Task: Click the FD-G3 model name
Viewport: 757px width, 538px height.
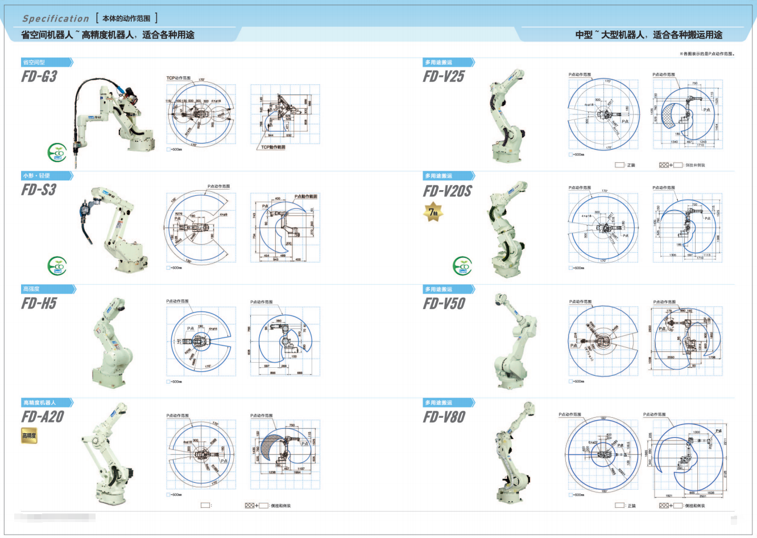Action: tap(39, 76)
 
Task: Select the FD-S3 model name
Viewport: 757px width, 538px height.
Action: tap(39, 190)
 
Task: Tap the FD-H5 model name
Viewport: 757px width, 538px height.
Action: tap(39, 303)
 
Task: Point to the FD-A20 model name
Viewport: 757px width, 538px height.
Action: tap(43, 417)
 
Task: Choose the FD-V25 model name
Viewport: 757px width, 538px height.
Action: tap(444, 76)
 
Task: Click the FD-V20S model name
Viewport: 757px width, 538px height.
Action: tap(447, 191)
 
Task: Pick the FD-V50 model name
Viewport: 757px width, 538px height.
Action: tap(444, 303)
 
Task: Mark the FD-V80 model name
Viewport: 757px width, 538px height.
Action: tap(444, 417)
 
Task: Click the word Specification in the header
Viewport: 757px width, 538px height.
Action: tap(56, 19)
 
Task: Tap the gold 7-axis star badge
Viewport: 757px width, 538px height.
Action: tap(433, 212)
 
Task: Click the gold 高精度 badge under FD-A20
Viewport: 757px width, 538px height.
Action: tap(29, 436)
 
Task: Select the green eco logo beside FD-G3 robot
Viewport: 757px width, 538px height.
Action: tap(57, 153)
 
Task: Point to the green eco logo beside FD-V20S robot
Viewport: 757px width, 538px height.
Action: tap(462, 266)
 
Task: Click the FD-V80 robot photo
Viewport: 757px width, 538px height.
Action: tap(514, 453)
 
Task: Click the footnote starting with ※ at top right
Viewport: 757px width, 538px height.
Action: tap(707, 54)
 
